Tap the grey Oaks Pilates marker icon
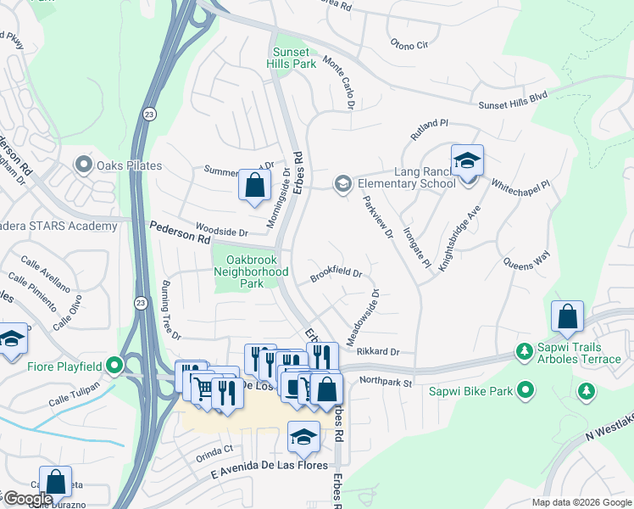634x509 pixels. click(x=83, y=165)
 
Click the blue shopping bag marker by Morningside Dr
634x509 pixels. click(x=254, y=184)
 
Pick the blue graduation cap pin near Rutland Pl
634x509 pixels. click(x=467, y=160)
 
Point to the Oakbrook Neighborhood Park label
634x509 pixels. click(x=250, y=271)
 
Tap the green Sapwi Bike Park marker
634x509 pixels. click(x=526, y=391)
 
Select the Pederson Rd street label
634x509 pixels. click(x=180, y=233)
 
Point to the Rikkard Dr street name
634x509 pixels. click(x=377, y=351)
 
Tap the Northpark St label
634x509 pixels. click(x=385, y=383)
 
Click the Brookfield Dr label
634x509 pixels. click(x=336, y=275)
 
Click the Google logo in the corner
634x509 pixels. click(x=27, y=499)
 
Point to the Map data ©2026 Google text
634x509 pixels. click(x=581, y=501)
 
